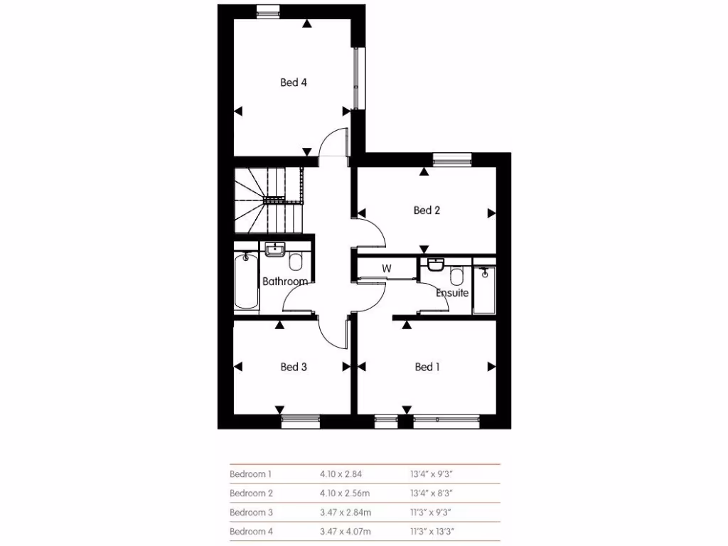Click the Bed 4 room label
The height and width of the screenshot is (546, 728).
tap(294, 82)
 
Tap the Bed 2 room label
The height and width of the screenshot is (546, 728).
tap(427, 210)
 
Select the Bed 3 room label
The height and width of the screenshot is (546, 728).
tap(294, 367)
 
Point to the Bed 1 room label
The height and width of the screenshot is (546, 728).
tap(427, 367)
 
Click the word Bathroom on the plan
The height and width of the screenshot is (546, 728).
tap(285, 282)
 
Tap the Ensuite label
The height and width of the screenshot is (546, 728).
tap(452, 292)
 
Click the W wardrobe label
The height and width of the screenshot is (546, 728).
tap(387, 269)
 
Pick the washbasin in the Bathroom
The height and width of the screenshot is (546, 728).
tap(274, 250)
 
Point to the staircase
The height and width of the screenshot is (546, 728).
tap(269, 199)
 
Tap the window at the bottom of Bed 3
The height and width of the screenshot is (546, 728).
tap(300, 422)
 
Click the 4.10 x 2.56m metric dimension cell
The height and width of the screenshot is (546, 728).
tap(346, 493)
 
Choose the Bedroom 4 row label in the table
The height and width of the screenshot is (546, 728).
tap(250, 531)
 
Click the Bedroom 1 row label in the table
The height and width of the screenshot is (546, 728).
tap(250, 473)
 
